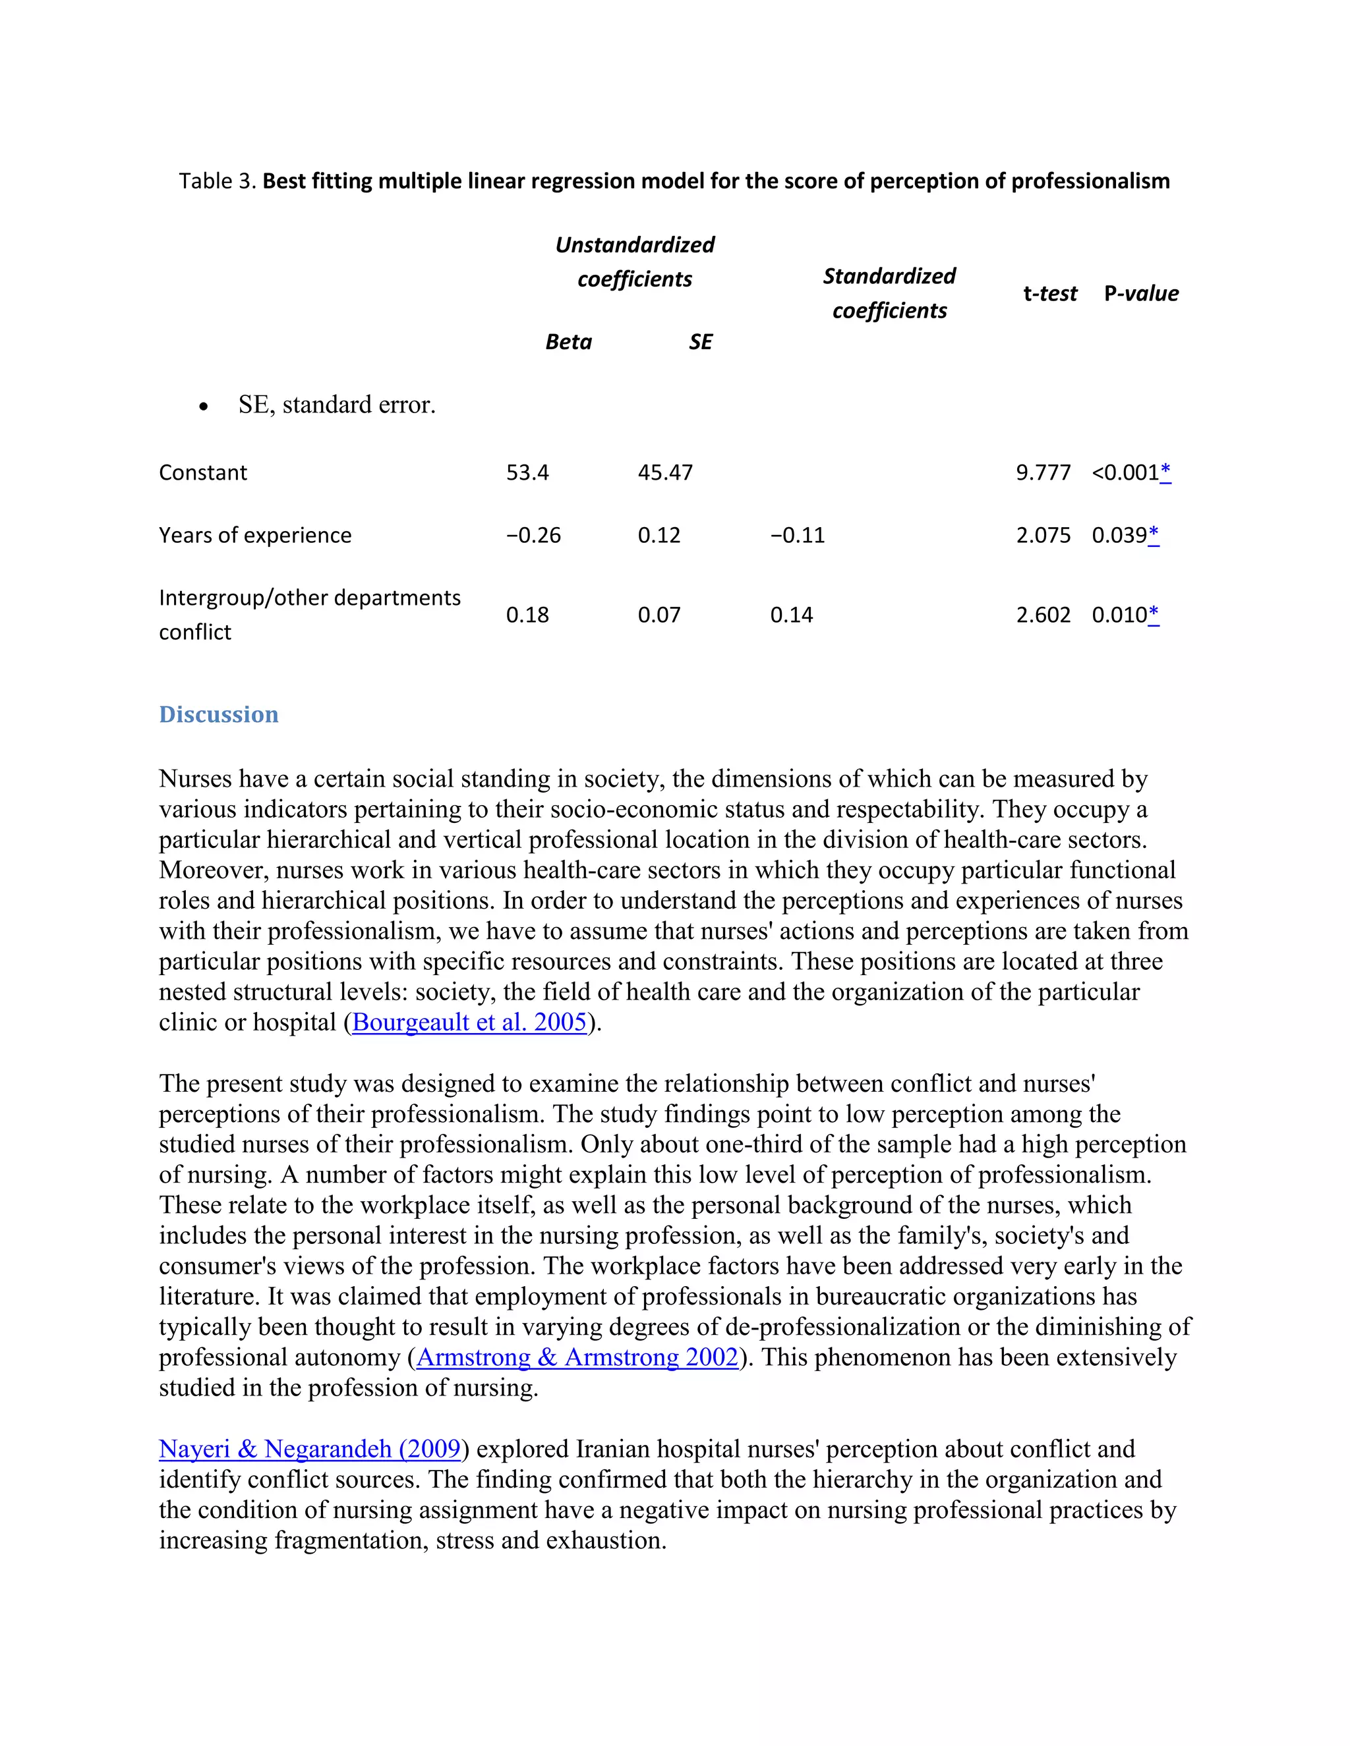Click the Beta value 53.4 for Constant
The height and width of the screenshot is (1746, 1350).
[x=527, y=472]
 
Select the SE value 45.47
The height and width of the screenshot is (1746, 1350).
[x=664, y=472]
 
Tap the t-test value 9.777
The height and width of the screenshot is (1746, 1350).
[x=1043, y=472]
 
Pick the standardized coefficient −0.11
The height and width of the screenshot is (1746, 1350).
[x=796, y=535]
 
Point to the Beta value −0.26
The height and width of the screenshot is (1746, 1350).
[x=533, y=535]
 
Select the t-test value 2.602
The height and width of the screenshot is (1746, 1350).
[x=1043, y=615]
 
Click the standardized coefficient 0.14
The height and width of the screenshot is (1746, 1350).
[x=791, y=615]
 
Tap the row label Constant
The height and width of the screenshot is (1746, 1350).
[x=203, y=472]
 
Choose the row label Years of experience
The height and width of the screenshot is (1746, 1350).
[x=255, y=535]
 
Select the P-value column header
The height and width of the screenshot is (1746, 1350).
[x=1140, y=293]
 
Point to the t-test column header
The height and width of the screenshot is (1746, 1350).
[x=1049, y=293]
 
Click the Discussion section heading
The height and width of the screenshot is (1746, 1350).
[x=218, y=714]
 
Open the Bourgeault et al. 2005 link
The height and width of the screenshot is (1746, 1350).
[x=469, y=1022]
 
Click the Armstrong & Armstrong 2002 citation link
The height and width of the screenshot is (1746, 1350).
[x=577, y=1357]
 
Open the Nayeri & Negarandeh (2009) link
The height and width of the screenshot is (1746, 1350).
[x=310, y=1449]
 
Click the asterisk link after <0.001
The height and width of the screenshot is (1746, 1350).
[x=1165, y=472]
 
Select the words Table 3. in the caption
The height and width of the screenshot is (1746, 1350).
[x=217, y=181]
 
